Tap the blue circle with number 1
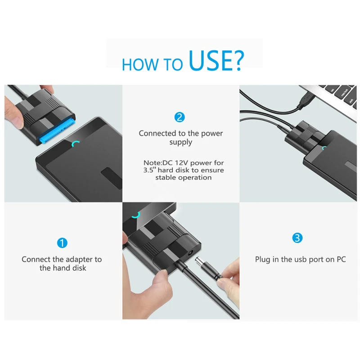click(62, 243)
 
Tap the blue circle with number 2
click(180, 117)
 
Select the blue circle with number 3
click(297, 238)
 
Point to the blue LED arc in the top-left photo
click(76, 144)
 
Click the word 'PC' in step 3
click(341, 260)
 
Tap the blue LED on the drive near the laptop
click(325, 147)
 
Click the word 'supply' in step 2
click(181, 142)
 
